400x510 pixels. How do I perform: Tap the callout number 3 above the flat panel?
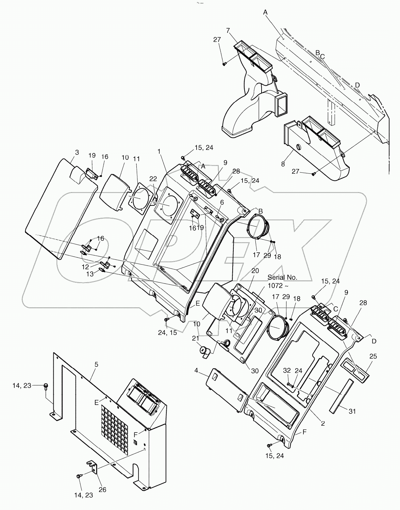tap(77, 152)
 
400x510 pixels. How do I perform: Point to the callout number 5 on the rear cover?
tap(96, 364)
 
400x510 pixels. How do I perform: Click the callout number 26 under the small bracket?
tap(102, 490)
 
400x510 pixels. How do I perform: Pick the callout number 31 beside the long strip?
tap(352, 411)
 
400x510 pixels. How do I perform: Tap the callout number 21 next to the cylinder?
tap(195, 338)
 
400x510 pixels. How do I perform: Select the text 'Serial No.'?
tap(282, 277)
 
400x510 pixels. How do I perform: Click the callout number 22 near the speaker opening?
tap(153, 178)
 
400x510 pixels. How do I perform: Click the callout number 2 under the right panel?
tap(323, 423)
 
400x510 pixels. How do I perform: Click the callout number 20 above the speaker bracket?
tap(255, 271)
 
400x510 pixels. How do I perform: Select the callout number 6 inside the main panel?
tap(222, 202)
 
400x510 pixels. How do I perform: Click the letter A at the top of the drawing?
tap(265, 12)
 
